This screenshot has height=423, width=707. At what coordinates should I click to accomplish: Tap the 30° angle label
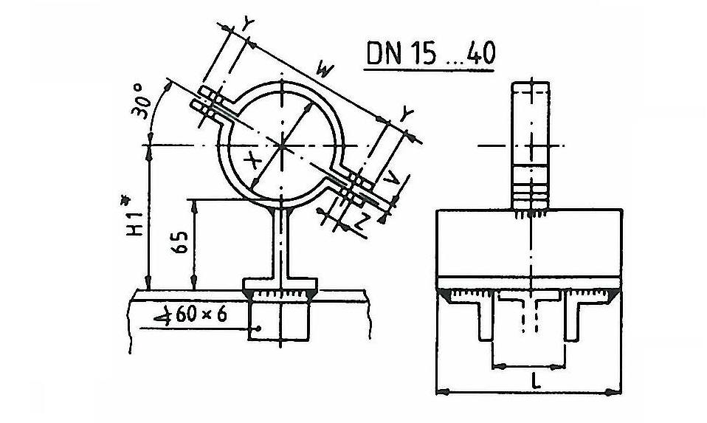pyautogui.click(x=141, y=101)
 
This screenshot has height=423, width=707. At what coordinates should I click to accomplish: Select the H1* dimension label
pyautogui.click(x=134, y=216)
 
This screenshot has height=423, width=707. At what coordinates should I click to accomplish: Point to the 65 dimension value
pyautogui.click(x=180, y=242)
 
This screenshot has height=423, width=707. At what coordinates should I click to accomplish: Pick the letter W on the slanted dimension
pyautogui.click(x=325, y=70)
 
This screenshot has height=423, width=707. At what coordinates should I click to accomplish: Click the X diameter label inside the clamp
pyautogui.click(x=252, y=160)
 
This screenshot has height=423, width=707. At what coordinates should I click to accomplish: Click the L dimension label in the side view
pyautogui.click(x=535, y=382)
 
